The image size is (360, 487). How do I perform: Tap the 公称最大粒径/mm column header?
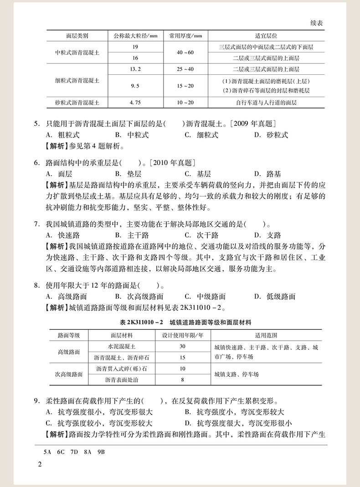[x=135, y=36]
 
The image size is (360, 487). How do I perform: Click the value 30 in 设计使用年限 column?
[x=182, y=346]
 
